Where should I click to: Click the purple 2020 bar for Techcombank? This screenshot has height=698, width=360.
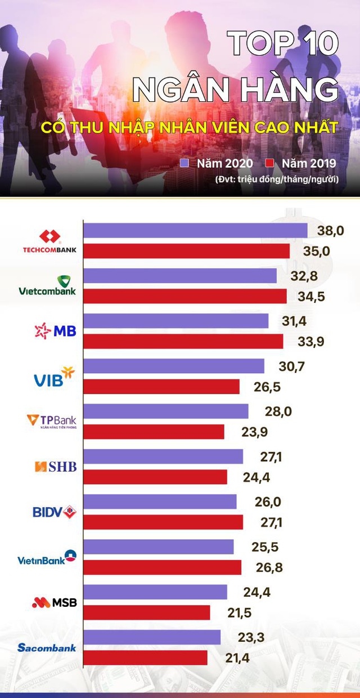click(x=195, y=231)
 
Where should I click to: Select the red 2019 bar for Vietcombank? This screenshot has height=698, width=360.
click(x=185, y=296)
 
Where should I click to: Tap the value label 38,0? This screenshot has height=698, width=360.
click(x=331, y=230)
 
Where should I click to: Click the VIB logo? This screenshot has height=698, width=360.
click(x=54, y=377)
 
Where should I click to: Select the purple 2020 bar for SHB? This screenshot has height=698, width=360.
click(x=163, y=457)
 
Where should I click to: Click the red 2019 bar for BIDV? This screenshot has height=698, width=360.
click(x=163, y=522)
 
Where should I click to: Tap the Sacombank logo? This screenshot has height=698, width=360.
click(x=47, y=647)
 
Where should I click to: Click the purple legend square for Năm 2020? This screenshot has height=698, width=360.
click(x=184, y=163)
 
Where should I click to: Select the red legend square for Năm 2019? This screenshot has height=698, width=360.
click(x=269, y=163)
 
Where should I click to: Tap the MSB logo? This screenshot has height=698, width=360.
click(x=54, y=602)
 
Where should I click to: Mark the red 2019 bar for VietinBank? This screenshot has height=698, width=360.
click(x=162, y=567)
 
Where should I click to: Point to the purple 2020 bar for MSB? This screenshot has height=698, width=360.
click(x=155, y=592)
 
